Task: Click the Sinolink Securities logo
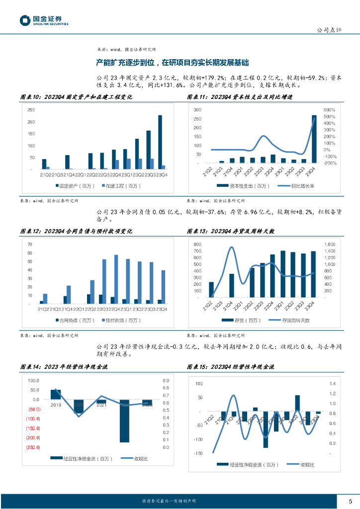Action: (x=44, y=20)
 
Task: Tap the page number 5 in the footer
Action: (x=350, y=501)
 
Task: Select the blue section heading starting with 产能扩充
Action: (x=172, y=63)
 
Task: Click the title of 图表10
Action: (x=76, y=97)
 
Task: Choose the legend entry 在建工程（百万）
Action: (x=121, y=186)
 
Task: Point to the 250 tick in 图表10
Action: (x=31, y=110)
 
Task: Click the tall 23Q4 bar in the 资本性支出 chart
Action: (x=314, y=139)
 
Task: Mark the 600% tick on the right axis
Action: (x=330, y=110)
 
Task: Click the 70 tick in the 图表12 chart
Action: (x=30, y=245)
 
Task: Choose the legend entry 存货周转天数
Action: (x=293, y=320)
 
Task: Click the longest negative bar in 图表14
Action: (x=124, y=421)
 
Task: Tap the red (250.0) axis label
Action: (x=34, y=447)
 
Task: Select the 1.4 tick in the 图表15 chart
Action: (x=333, y=384)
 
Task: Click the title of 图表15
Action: (x=230, y=367)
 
